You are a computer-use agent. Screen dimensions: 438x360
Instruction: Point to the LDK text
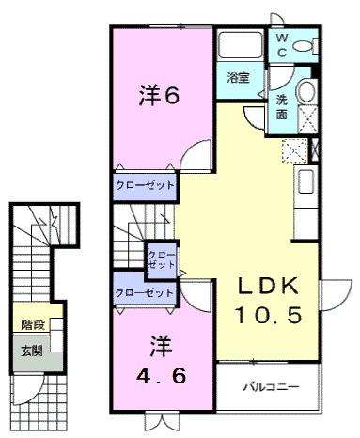click(x=267, y=286)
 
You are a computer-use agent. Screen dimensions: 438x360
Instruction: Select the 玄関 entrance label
click(x=30, y=352)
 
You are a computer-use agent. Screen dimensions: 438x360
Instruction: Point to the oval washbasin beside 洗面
click(x=306, y=92)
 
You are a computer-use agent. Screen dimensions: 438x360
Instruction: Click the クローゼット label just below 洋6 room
click(x=146, y=185)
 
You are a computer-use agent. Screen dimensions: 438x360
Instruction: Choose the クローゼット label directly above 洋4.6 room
click(x=145, y=293)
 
